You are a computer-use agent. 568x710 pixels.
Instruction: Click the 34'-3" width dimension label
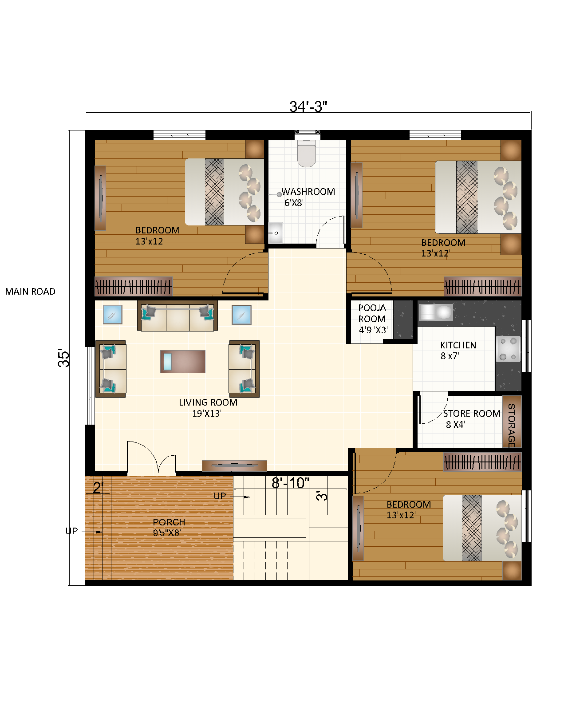pyautogui.click(x=308, y=106)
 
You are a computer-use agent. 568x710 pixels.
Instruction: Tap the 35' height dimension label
pyautogui.click(x=64, y=359)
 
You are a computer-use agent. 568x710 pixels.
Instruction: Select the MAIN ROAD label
pyautogui.click(x=30, y=292)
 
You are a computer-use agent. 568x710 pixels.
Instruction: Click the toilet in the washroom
pyautogui.click(x=306, y=153)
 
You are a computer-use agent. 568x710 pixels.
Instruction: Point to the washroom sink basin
pyautogui.click(x=275, y=233)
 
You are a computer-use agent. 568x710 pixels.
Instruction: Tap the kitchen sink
pyautogui.click(x=436, y=312)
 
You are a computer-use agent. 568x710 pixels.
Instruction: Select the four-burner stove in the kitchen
pyautogui.click(x=508, y=349)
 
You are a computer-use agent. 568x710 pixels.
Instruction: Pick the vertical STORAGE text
pyautogui.click(x=511, y=425)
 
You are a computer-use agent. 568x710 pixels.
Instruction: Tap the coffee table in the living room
pyautogui.click(x=183, y=361)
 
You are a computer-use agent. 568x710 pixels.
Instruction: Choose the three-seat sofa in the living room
pyautogui.click(x=177, y=316)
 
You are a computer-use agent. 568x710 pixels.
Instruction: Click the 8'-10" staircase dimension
pyautogui.click(x=290, y=483)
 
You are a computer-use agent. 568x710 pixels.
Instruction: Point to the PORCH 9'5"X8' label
pyautogui.click(x=168, y=527)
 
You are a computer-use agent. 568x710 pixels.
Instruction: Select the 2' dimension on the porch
pyautogui.click(x=98, y=488)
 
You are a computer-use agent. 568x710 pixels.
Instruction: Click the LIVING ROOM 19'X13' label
pyautogui.click(x=208, y=407)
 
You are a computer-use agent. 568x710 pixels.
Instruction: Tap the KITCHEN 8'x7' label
pyautogui.click(x=458, y=350)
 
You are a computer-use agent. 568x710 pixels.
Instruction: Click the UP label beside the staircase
pyautogui.click(x=220, y=496)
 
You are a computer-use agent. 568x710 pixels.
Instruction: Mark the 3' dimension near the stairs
pyautogui.click(x=322, y=495)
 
